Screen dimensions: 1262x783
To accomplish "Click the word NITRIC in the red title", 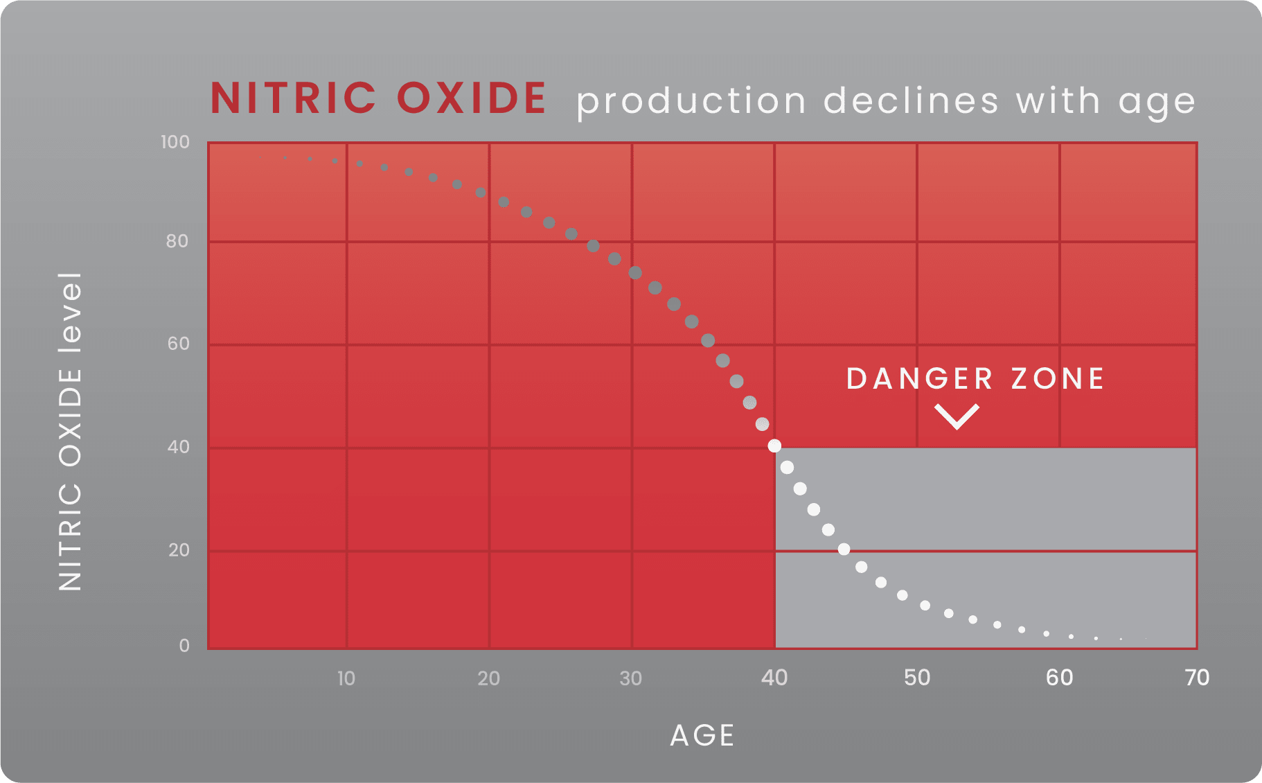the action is pos(294,98).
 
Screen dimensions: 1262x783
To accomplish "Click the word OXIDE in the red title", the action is pos(472,98).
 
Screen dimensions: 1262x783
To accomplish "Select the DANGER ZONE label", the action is pos(975,378).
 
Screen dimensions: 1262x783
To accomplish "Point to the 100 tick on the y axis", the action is pos(175,142).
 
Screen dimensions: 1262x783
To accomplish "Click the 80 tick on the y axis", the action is pos(177,241).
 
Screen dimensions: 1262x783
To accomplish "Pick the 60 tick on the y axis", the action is pos(178,344).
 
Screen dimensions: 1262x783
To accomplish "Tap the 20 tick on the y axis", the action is pos(179,550).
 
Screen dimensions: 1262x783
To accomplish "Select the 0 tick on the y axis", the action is pos(184,645).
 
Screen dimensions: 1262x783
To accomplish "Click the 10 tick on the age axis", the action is pos(346,678).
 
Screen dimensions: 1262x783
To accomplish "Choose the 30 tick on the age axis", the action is pos(631,678).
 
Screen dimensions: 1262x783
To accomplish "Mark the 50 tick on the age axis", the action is pos(917,678).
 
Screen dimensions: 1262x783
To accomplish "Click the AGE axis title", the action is pos(702,735).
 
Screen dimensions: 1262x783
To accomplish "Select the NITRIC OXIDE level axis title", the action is pos(71,432).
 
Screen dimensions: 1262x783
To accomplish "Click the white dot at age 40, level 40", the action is pos(774,446).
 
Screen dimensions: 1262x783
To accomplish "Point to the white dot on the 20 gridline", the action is pos(844,549).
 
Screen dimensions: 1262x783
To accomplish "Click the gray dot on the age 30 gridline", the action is pos(635,272).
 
